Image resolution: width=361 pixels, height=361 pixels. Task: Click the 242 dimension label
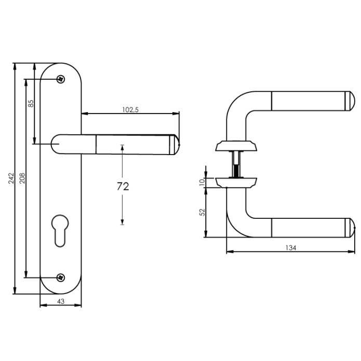[x=11, y=178]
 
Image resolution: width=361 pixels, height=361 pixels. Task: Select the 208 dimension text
[x=21, y=178]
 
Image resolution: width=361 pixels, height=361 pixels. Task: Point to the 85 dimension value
[x=31, y=103]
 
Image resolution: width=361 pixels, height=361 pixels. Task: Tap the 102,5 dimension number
[x=129, y=109]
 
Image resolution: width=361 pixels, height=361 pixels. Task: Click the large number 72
[x=123, y=187]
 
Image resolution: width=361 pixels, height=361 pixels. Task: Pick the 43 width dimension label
[x=60, y=301]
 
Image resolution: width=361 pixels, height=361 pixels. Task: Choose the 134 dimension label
[x=290, y=248]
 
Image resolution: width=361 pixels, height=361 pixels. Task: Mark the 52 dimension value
[x=203, y=212]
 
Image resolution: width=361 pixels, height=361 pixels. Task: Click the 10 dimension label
[x=203, y=182]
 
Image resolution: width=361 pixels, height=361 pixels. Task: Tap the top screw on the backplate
[x=61, y=79]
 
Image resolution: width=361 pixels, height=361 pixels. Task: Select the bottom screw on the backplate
[x=61, y=276]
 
